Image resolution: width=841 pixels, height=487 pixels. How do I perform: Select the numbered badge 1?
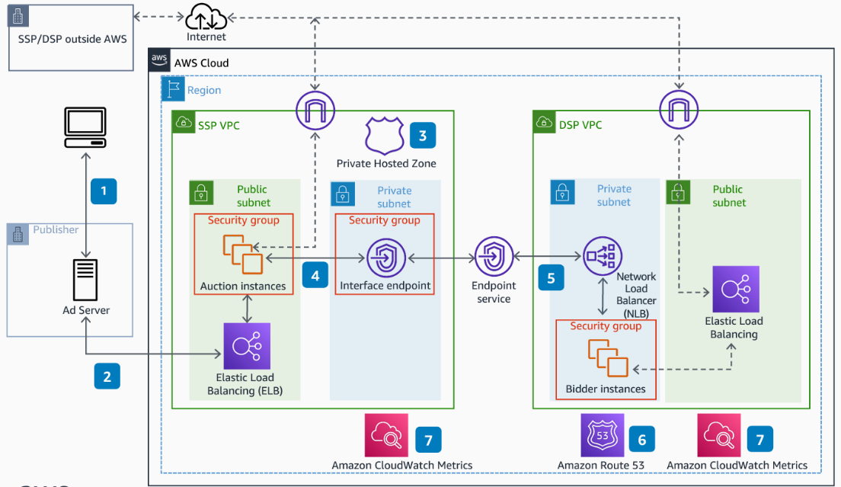coord(104,191)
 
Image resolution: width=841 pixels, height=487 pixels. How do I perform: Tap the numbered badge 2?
coord(107,376)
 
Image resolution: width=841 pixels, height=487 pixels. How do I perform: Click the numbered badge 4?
coord(315,274)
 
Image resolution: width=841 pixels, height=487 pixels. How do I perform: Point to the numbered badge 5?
coord(552,277)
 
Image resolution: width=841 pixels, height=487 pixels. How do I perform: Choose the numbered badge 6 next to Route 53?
coord(641,439)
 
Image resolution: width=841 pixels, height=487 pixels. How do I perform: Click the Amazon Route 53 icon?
coord(602,436)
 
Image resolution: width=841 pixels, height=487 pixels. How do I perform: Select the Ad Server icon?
coord(85,279)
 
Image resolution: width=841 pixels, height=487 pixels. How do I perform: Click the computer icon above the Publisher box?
coord(85,127)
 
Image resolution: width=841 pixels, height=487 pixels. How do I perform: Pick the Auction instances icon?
coord(242,253)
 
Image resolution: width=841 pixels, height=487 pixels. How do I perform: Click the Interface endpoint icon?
coord(385,258)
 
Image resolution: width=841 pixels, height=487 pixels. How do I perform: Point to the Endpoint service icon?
coord(494,257)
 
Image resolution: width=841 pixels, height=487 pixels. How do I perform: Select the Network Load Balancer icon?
coord(603,257)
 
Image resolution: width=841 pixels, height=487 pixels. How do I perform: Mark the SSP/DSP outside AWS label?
coord(72,39)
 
